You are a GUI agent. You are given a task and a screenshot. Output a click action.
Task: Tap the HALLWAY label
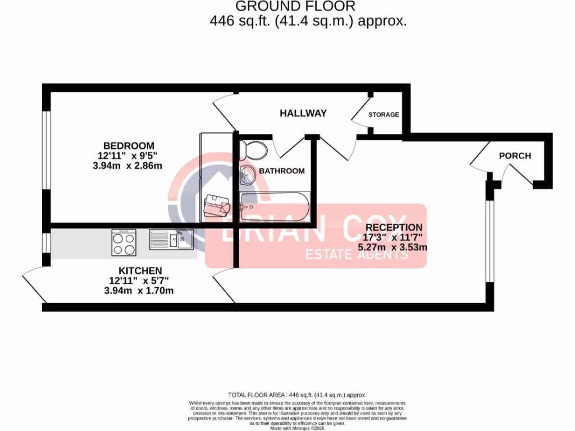click(303, 113)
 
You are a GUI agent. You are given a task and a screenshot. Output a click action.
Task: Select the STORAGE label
click(384, 114)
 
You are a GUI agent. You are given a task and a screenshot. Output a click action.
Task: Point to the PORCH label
click(514, 155)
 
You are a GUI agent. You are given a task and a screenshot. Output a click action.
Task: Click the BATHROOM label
click(281, 171)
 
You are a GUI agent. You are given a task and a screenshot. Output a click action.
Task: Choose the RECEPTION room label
click(394, 227)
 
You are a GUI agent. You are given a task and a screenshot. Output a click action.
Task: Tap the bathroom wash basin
click(247, 176)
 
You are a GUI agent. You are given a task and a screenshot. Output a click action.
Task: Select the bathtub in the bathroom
click(273, 207)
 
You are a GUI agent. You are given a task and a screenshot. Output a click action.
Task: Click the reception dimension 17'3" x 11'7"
click(394, 237)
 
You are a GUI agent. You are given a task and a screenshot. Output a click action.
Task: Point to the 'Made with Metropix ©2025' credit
click(297, 428)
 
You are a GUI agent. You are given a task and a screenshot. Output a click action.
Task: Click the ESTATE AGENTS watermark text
click(356, 255)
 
